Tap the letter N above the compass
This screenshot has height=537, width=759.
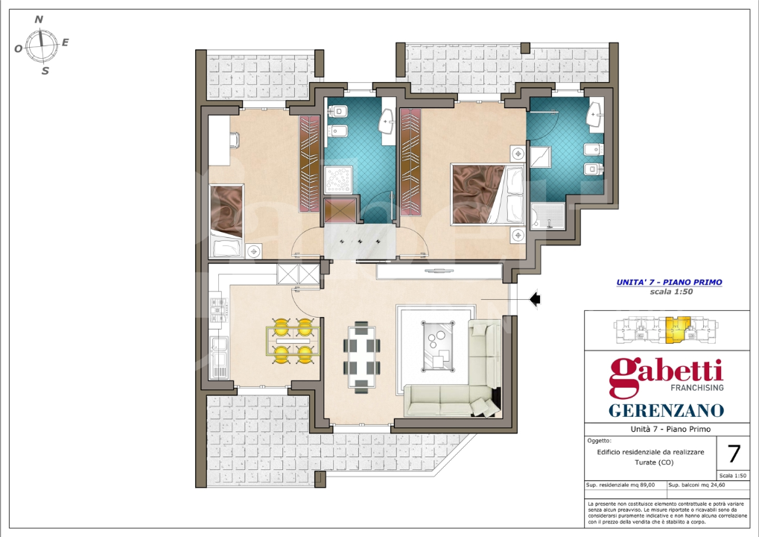tap(39, 19)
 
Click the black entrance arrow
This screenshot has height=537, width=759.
tap(534, 299)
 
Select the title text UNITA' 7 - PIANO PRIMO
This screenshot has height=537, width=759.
tap(669, 283)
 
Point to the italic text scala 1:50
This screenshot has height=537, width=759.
tap(669, 292)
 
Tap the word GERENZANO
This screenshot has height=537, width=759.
tap(666, 410)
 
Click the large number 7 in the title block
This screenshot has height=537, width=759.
tap(733, 453)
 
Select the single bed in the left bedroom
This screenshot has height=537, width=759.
tap(225, 221)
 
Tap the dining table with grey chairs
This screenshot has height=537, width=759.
tap(361, 356)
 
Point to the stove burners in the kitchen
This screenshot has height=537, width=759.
tap(216, 313)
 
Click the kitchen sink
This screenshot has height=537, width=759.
tap(219, 351)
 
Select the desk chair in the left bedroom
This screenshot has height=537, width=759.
tap(234, 139)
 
